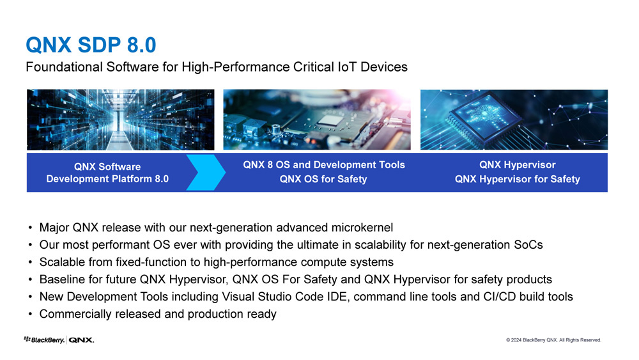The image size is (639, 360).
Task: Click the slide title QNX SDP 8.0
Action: [x=91, y=45]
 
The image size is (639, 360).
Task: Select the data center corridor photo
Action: [x=121, y=120]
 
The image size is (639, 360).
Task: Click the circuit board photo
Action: [x=317, y=120]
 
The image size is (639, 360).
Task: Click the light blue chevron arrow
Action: [x=206, y=173]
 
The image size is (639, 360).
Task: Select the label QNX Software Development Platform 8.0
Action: [x=107, y=173]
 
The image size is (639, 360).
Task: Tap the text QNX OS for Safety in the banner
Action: [x=323, y=179]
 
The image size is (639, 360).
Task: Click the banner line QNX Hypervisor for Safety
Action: [x=518, y=179]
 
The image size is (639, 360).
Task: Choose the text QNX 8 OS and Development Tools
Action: [x=324, y=165]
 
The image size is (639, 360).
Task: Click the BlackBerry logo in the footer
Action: [x=45, y=340]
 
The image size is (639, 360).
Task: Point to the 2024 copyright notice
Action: [x=553, y=340]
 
